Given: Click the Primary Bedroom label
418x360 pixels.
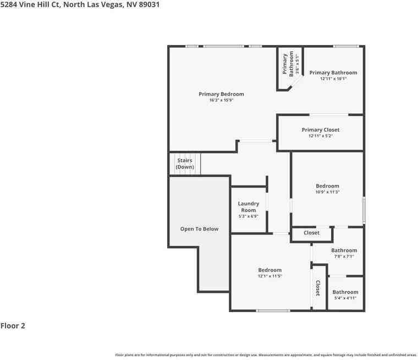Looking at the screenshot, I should tap(221, 94).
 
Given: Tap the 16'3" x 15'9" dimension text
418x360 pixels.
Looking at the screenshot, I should tap(221, 100).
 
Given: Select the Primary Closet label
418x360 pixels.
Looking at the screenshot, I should tap(320, 130).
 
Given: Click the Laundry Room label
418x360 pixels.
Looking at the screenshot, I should tap(248, 207).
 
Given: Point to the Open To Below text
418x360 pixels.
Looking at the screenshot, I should tap(199, 229).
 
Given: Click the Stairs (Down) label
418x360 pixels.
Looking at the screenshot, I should tap(184, 163).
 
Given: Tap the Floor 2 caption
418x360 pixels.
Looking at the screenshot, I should tap(13, 326).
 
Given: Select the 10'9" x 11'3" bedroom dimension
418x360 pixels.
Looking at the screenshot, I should tap(327, 192).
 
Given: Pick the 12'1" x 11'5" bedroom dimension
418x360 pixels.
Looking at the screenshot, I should tap(269, 276).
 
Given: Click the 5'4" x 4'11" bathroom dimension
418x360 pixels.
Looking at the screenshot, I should tap(345, 298).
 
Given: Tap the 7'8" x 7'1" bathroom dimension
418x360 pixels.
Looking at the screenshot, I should tap(344, 257).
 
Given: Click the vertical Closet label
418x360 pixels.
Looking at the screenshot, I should tap(317, 288).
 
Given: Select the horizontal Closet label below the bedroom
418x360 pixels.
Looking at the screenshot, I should tap(311, 233).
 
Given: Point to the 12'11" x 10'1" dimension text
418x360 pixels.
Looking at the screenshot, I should tap(333, 79).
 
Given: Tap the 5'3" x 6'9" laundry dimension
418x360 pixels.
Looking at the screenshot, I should tap(248, 216).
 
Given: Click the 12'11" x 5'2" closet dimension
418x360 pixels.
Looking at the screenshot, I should tap(320, 136).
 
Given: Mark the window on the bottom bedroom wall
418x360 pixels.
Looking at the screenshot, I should tap(273, 310).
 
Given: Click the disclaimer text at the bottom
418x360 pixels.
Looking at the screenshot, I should tap(266, 355).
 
